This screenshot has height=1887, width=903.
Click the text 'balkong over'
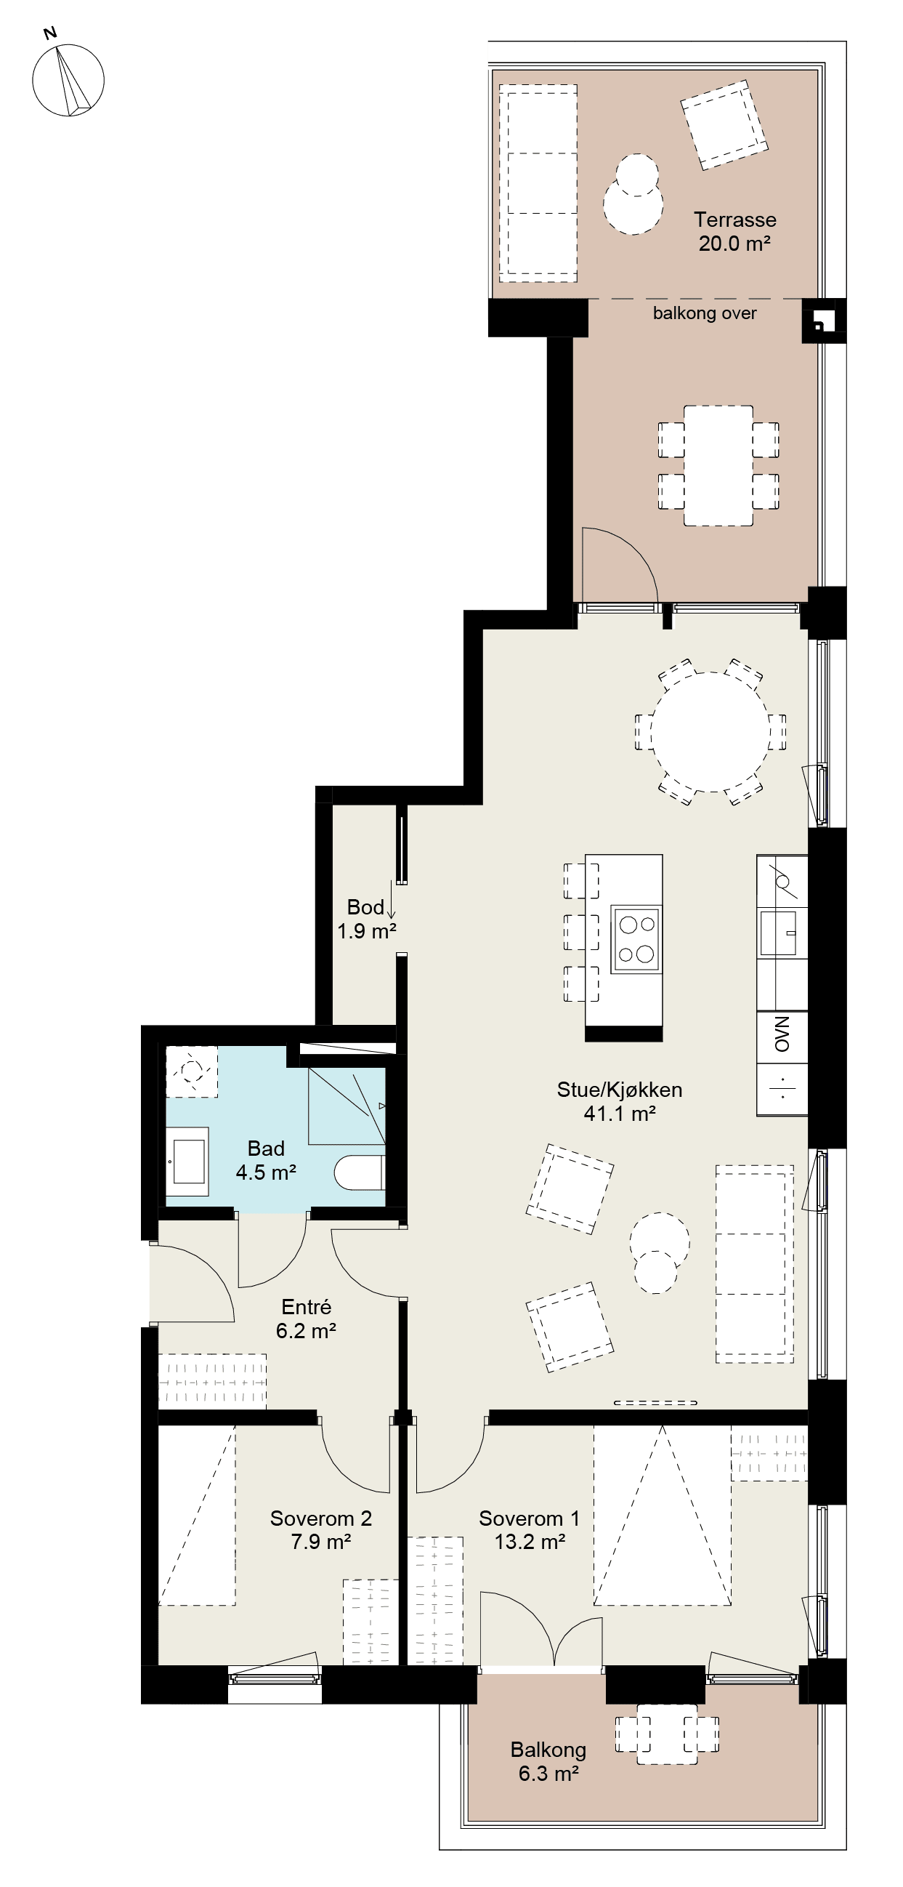[x=705, y=313]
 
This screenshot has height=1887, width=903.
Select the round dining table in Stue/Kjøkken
[x=710, y=732]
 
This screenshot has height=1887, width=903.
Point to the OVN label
[x=782, y=1034]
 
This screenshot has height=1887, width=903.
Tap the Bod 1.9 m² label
[x=366, y=920]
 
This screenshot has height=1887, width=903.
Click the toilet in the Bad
[x=360, y=1172]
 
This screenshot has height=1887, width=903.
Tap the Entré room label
[x=306, y=1308]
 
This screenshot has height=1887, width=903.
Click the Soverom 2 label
[x=321, y=1518]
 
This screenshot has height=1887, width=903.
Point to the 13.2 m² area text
[x=530, y=1542]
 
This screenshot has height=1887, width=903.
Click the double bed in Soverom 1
[x=662, y=1515]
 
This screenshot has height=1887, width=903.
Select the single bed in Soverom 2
[x=197, y=1515]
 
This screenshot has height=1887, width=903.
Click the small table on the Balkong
[x=666, y=1734]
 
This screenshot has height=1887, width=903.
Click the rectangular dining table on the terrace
[x=718, y=466]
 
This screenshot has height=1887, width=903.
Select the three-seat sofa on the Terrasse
[x=538, y=184]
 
